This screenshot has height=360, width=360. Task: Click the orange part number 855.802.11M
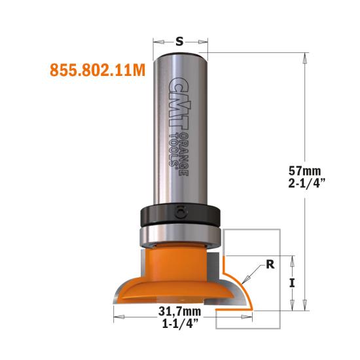coord(98,70)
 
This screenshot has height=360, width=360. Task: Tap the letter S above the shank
coord(179,41)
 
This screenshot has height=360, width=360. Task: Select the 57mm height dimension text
coord(304,171)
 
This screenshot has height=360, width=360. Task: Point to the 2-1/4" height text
coord(306,183)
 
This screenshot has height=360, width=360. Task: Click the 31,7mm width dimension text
coord(179,312)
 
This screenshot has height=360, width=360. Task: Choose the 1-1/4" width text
coord(180,324)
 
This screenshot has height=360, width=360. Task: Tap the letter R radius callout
coord(270,264)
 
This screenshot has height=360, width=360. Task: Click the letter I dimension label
coord(292,283)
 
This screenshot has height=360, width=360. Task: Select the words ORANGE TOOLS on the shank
coord(179,154)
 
